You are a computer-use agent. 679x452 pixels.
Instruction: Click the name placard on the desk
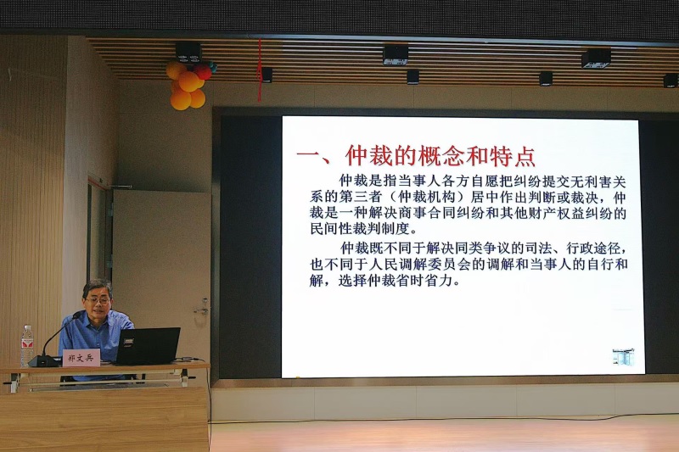click(81, 358)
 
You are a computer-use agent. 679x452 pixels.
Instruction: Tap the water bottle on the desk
click(27, 345)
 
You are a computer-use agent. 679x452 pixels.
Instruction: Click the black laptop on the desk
click(147, 346)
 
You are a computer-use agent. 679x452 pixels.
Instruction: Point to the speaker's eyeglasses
click(98, 299)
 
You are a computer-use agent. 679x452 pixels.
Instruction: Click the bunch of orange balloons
click(188, 85)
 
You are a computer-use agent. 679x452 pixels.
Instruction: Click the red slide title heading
click(416, 156)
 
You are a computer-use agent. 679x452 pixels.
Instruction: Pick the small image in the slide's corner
click(623, 357)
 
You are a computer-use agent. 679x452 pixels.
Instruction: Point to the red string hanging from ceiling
click(260, 70)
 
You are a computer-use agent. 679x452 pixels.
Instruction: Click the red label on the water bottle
click(27, 345)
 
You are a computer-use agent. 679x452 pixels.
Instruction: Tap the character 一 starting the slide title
click(308, 157)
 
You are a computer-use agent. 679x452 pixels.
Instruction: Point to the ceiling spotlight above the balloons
click(188, 52)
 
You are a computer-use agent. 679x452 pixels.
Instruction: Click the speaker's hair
click(98, 287)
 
